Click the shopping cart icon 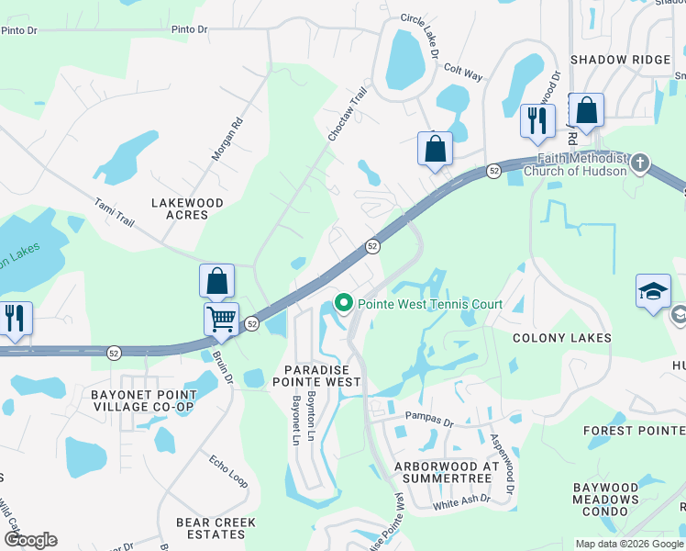click(221, 319)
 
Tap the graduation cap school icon click(653, 292)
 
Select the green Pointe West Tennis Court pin click(344, 302)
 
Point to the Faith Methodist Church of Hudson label click(575, 163)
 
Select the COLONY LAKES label click(562, 338)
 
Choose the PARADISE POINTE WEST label click(315, 375)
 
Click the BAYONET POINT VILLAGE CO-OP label click(142, 400)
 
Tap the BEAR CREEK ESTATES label click(216, 528)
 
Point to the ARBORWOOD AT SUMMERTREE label click(448, 473)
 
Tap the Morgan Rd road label click(227, 139)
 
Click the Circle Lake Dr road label click(420, 36)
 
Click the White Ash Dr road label click(461, 501)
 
